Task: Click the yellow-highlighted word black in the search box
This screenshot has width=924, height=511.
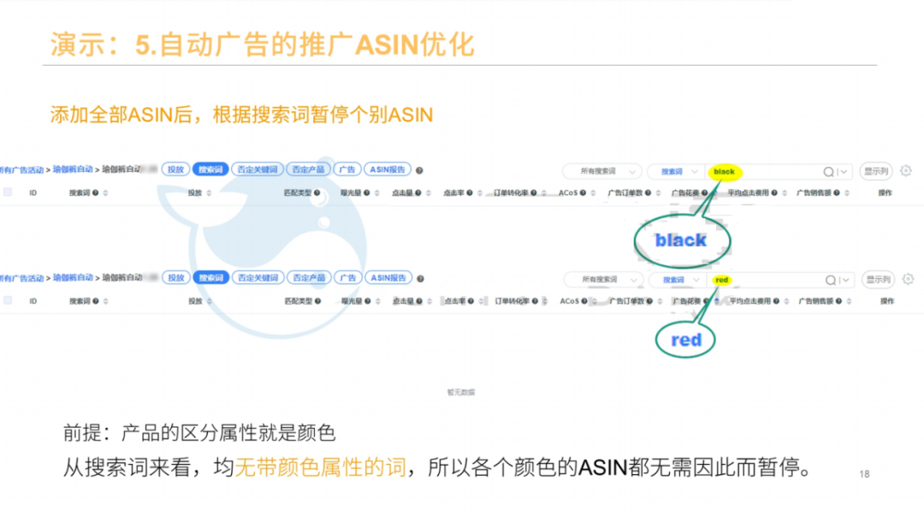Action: pyautogui.click(x=724, y=172)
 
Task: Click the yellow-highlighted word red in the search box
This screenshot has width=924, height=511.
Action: pyautogui.click(x=721, y=280)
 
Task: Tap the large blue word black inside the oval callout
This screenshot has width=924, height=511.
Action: pyautogui.click(x=681, y=240)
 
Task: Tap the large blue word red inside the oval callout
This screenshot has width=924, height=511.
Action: pyautogui.click(x=686, y=340)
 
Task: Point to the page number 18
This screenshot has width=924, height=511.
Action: pyautogui.click(x=863, y=474)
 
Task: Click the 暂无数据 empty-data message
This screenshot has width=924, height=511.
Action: pyautogui.click(x=460, y=392)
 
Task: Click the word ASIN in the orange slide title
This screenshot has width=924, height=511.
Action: pyautogui.click(x=386, y=45)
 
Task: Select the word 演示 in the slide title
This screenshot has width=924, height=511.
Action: pyautogui.click(x=70, y=45)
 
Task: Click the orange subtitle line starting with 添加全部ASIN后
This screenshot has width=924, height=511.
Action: pyautogui.click(x=241, y=115)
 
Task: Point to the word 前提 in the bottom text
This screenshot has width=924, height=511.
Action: pyautogui.click(x=82, y=433)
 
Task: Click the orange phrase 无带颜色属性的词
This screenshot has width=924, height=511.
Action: pyautogui.click(x=320, y=468)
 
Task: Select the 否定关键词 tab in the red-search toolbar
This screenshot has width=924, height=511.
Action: pyautogui.click(x=258, y=278)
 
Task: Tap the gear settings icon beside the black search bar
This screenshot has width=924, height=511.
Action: pyautogui.click(x=906, y=171)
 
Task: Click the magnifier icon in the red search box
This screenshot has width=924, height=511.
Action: pyautogui.click(x=829, y=280)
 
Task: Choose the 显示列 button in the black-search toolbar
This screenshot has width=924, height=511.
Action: pyautogui.click(x=876, y=171)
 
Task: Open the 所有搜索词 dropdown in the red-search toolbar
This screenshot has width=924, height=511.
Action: pyautogui.click(x=603, y=280)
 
